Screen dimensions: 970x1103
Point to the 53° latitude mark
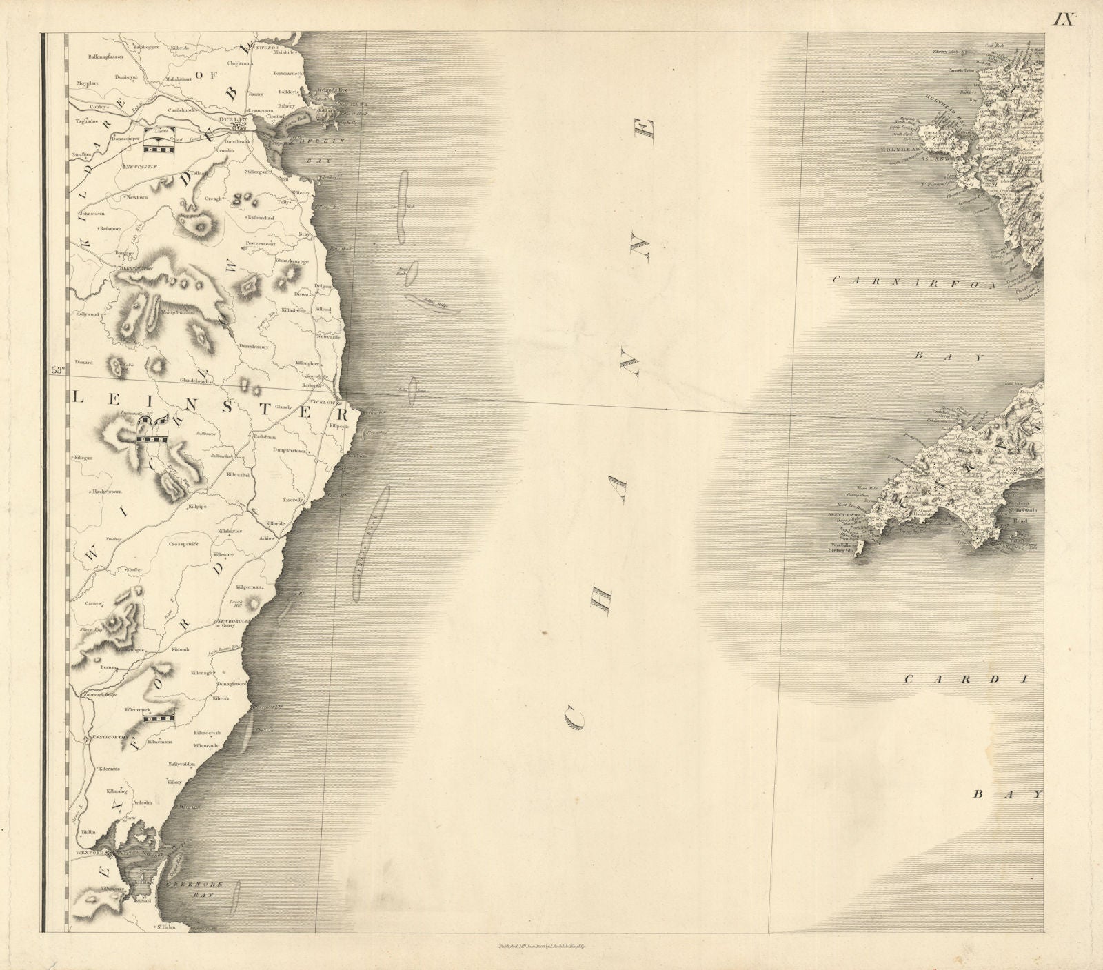click(57, 370)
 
